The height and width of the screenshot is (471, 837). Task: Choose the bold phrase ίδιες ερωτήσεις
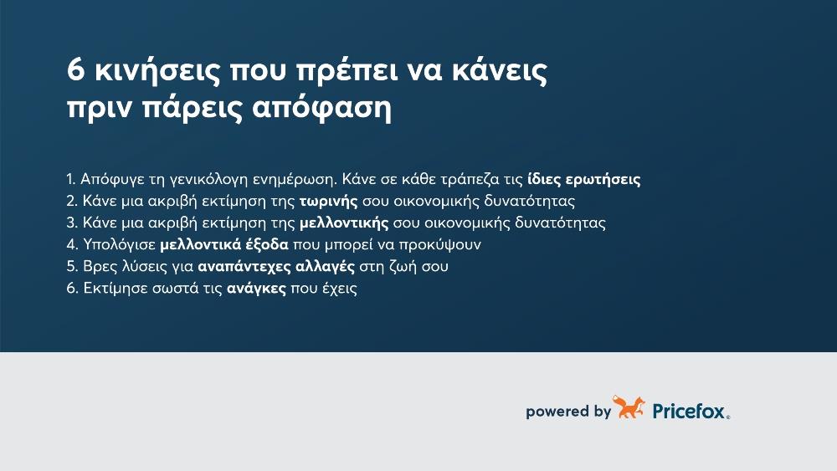[584, 181]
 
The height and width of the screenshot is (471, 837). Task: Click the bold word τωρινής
[329, 202]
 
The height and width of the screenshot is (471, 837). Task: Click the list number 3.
[71, 224]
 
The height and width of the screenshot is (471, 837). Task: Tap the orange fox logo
[629, 408]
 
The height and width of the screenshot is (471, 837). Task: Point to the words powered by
[567, 412]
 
